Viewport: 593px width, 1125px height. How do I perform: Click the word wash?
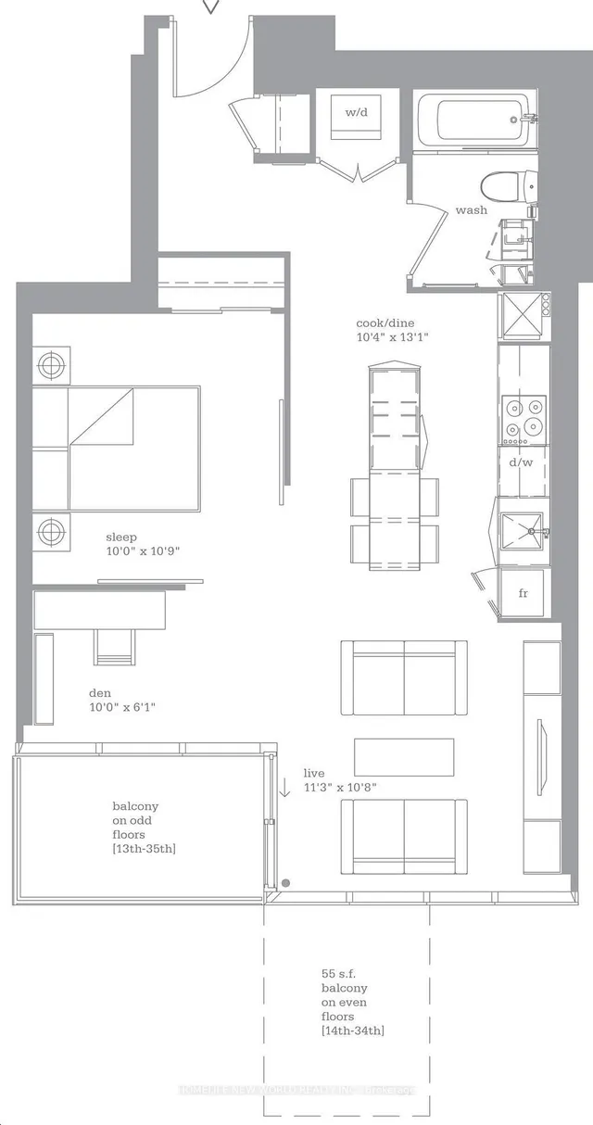click(471, 210)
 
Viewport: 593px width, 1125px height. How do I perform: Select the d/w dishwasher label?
click(523, 461)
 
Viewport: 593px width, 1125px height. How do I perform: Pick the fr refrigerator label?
click(523, 592)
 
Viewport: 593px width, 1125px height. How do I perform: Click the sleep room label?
click(121, 536)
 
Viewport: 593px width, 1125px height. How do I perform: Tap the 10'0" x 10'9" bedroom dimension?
click(142, 550)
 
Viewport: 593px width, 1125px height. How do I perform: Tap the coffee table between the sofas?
click(404, 756)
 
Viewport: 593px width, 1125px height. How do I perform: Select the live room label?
click(315, 773)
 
